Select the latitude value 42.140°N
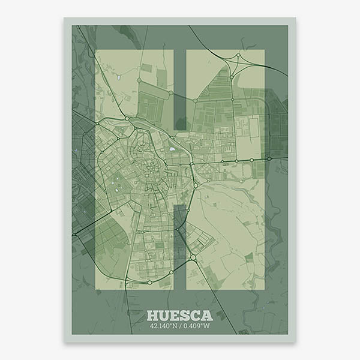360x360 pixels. pyautogui.click(x=164, y=327)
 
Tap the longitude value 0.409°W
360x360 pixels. pyautogui.click(x=197, y=327)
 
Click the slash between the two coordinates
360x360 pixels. pyautogui.click(x=181, y=327)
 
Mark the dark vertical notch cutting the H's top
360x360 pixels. pyautogui.click(x=180, y=90)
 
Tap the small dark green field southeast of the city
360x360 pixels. pyautogui.click(x=248, y=257)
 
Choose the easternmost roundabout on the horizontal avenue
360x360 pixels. pyautogui.click(x=269, y=159)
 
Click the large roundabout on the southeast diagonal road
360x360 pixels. pyautogui.click(x=193, y=257)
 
